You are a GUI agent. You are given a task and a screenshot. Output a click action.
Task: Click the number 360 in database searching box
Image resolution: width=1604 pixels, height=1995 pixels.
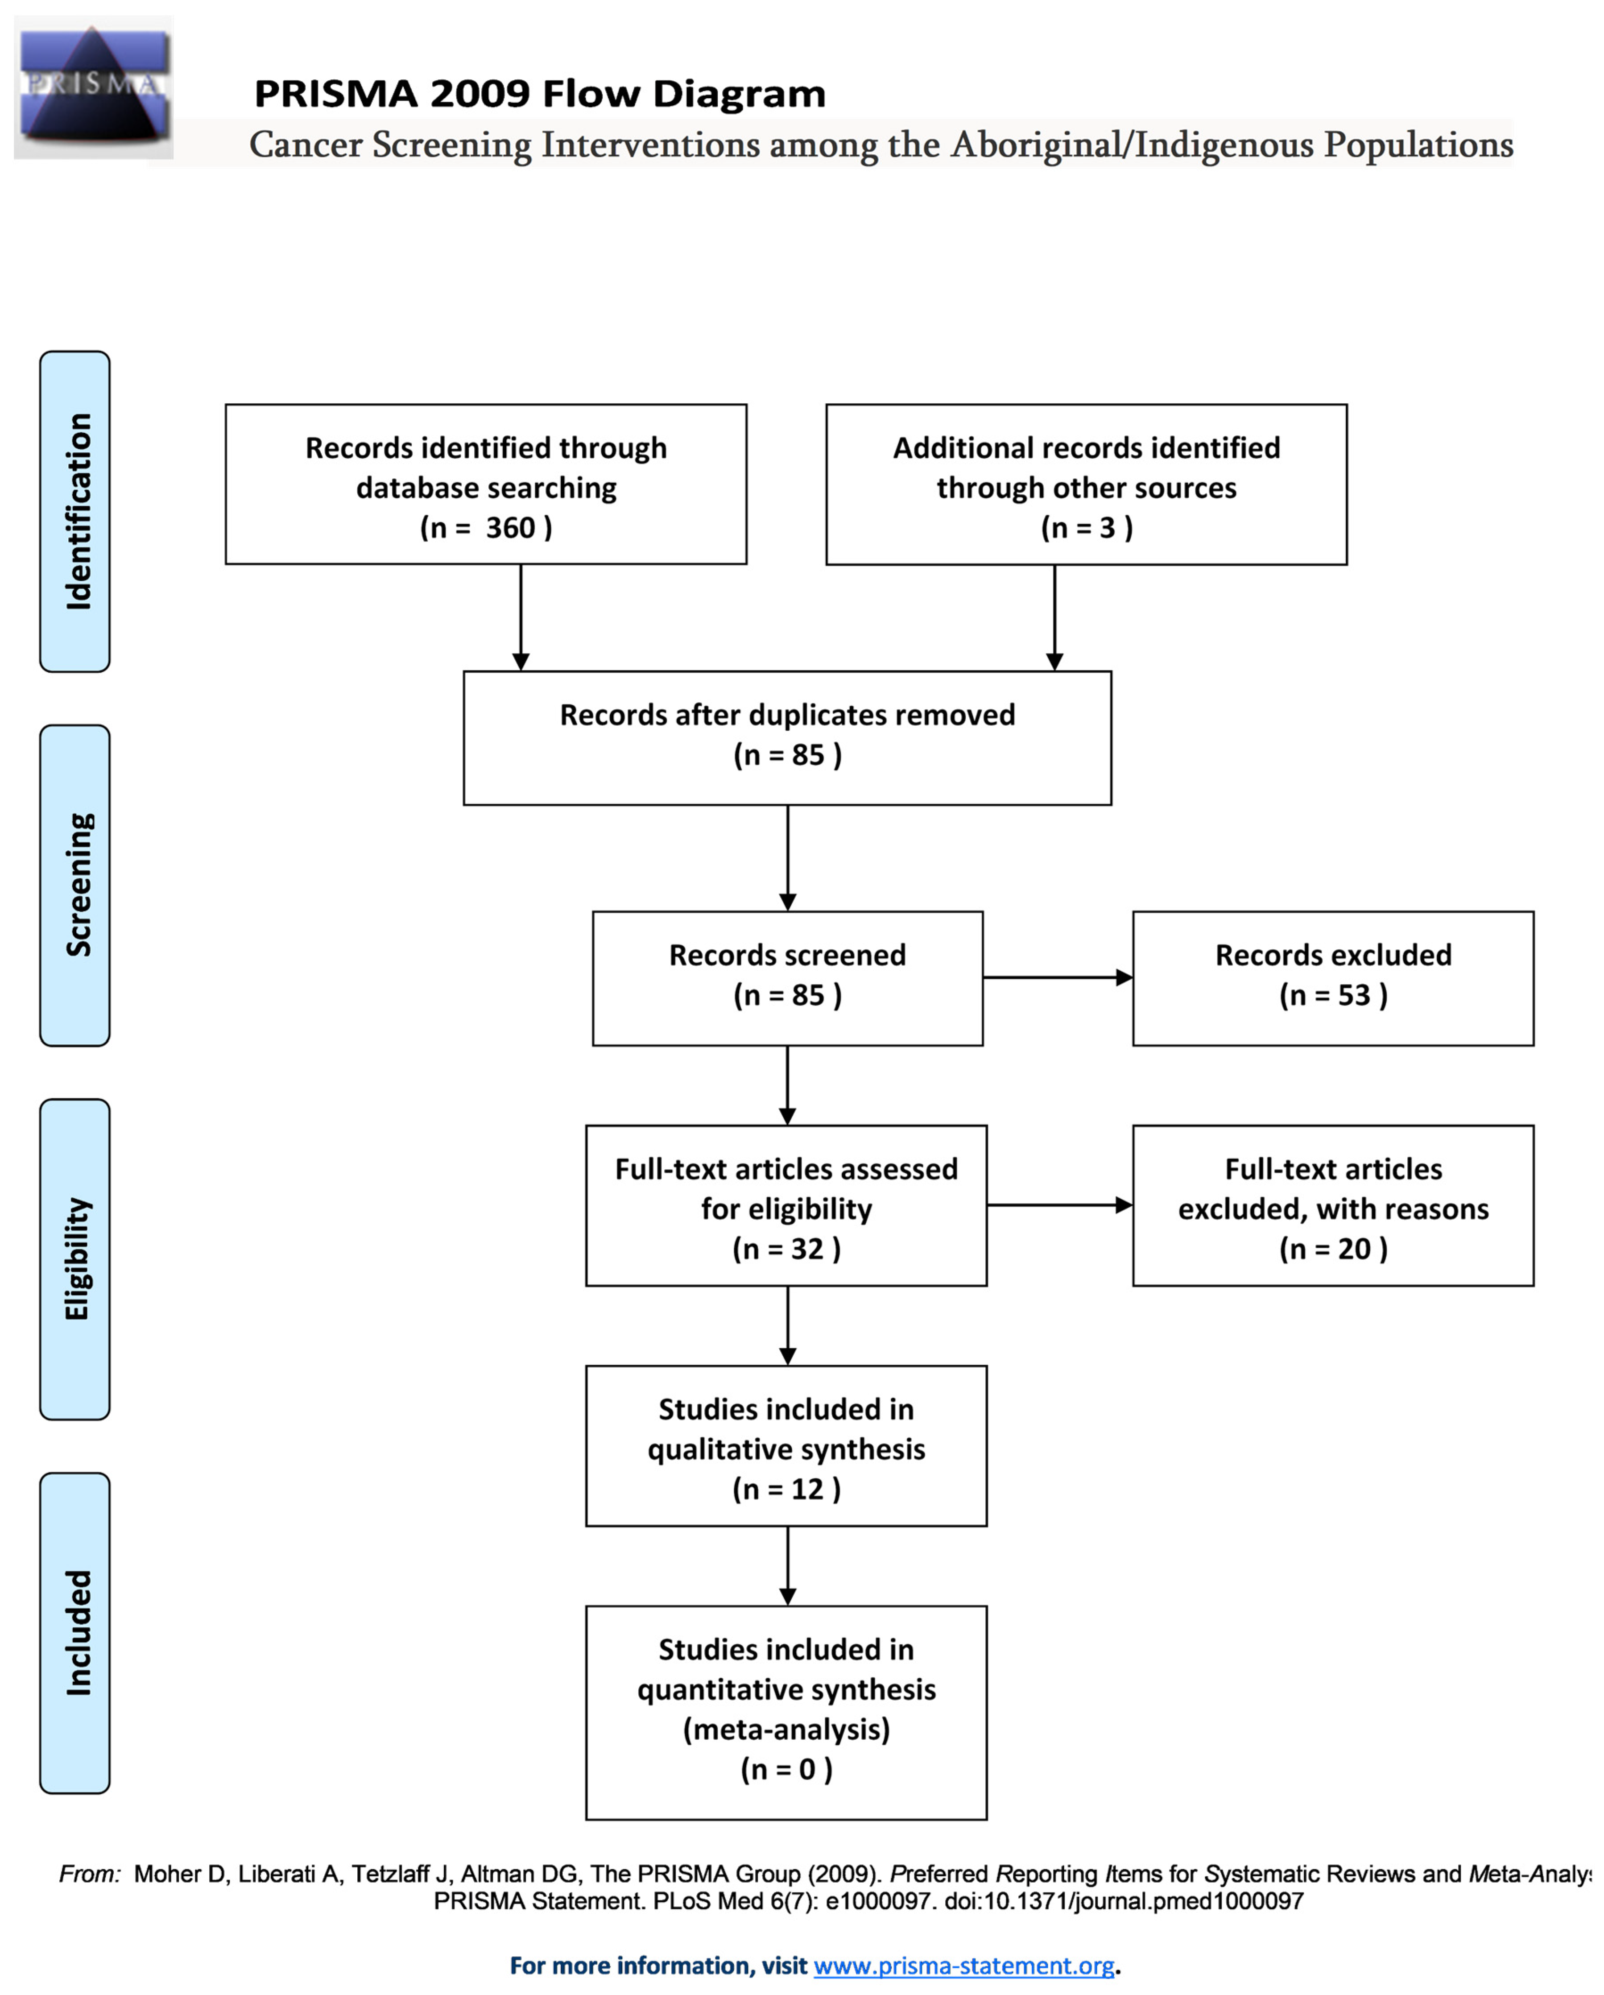(x=511, y=527)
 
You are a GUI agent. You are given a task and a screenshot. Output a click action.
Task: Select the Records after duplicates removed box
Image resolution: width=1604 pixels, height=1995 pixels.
(x=787, y=737)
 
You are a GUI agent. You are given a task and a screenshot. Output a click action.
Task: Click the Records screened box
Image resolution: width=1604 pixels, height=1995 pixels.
(x=787, y=978)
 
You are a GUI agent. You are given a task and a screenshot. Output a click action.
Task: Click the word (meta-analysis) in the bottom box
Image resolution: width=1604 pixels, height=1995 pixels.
(x=786, y=1730)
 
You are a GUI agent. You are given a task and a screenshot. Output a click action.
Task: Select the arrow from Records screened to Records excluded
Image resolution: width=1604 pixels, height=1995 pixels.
(x=1058, y=977)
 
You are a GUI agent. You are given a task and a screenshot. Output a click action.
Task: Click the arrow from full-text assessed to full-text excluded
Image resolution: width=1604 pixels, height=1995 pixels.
(x=1060, y=1205)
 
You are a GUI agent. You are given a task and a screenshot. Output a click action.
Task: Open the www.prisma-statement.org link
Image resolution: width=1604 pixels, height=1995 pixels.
(x=964, y=1966)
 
